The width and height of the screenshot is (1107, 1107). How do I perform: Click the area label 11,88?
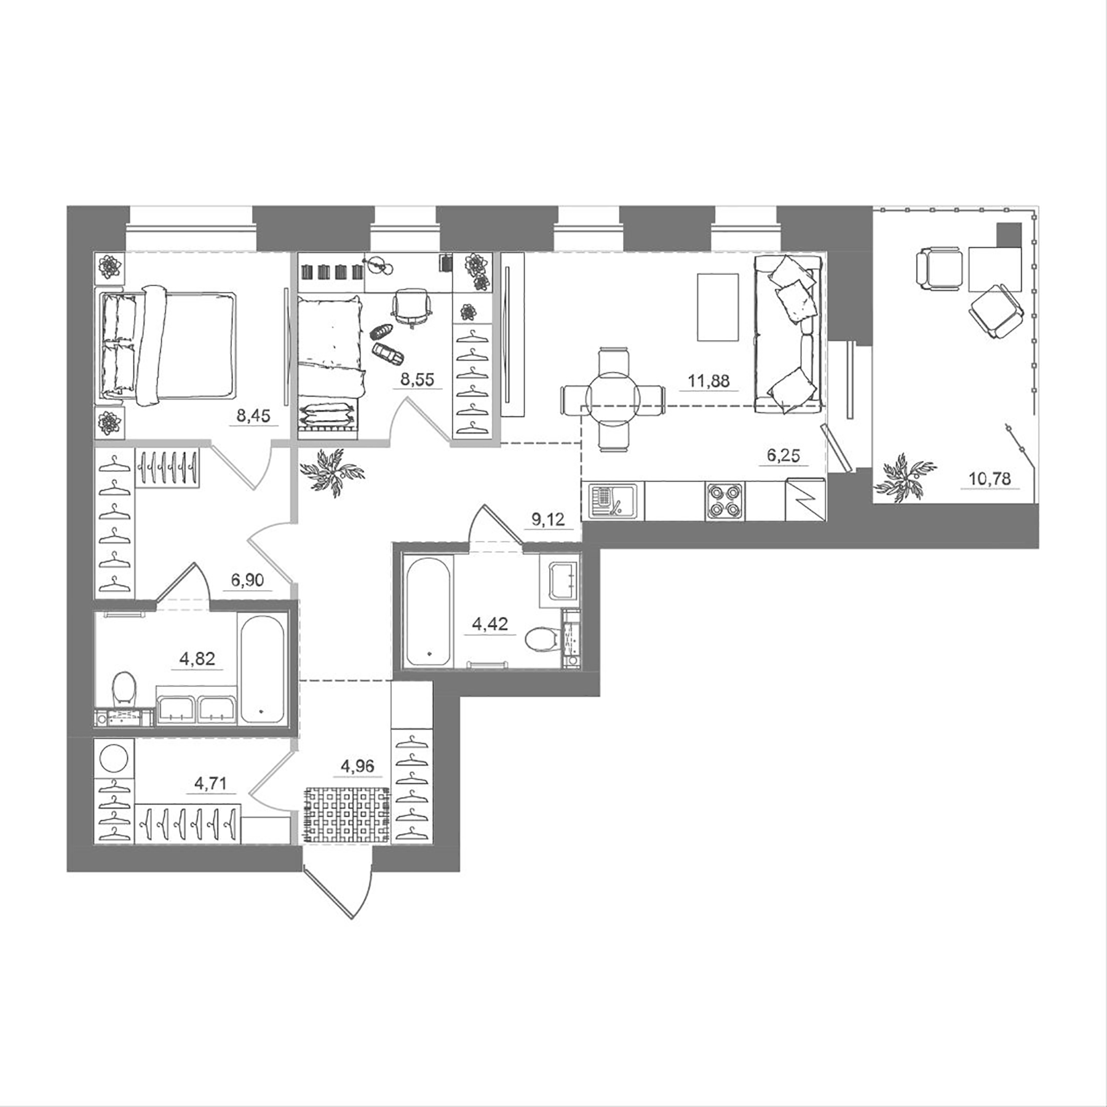(708, 381)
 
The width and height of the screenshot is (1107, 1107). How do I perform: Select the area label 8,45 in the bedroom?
(253, 416)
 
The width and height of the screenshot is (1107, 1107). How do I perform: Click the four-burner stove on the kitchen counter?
(725, 501)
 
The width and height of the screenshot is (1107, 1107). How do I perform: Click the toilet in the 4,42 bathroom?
(542, 638)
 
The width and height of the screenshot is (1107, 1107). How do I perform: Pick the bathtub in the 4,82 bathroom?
(262, 670)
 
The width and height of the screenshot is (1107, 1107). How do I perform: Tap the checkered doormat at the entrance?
(347, 815)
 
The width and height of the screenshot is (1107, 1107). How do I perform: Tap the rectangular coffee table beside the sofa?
(717, 307)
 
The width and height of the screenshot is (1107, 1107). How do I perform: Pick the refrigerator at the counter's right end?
(804, 499)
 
